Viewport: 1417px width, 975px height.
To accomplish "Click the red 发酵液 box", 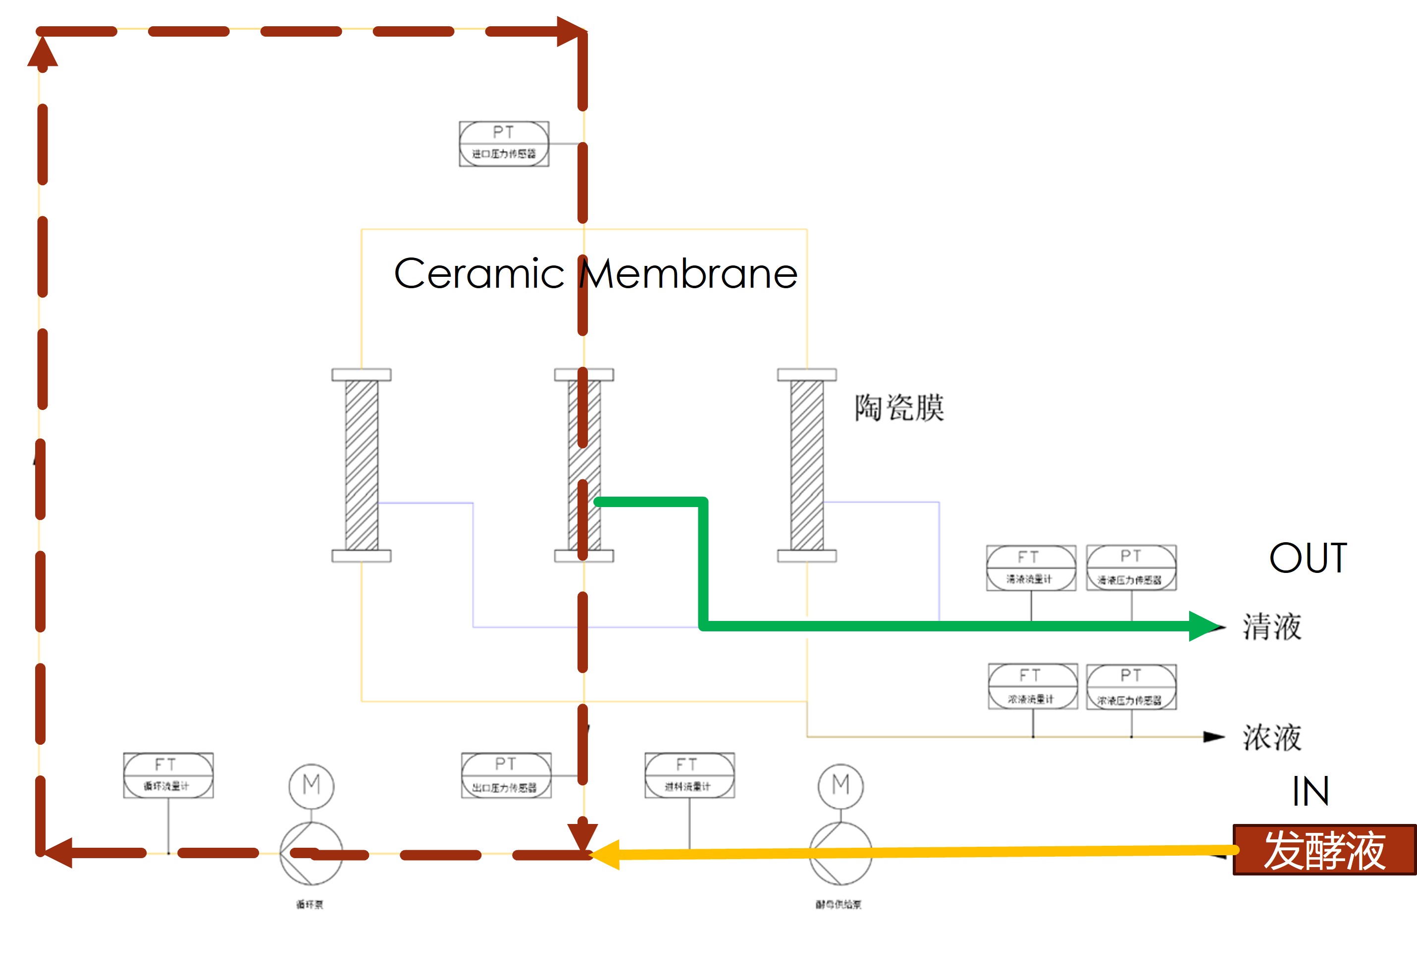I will coord(1323,849).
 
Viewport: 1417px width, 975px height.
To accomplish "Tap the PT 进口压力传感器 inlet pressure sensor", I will coord(504,144).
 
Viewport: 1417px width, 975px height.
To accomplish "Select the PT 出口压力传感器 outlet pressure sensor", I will coord(506,775).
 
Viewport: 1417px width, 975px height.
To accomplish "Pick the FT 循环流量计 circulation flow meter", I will coord(168,775).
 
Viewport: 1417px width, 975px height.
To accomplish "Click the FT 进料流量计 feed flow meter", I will coord(689,775).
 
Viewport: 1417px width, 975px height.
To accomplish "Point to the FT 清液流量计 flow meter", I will coord(1031,567).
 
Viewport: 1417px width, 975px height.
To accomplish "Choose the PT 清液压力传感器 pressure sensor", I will coord(1131,567).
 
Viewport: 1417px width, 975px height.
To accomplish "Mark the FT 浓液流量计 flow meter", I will coord(1033,687).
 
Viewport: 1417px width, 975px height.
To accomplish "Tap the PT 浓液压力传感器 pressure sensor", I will coord(1131,687).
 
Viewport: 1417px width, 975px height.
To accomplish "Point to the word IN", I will coord(1310,791).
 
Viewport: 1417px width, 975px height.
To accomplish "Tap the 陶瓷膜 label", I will coord(899,408).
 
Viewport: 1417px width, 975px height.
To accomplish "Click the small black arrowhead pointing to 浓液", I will coord(1213,737).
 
